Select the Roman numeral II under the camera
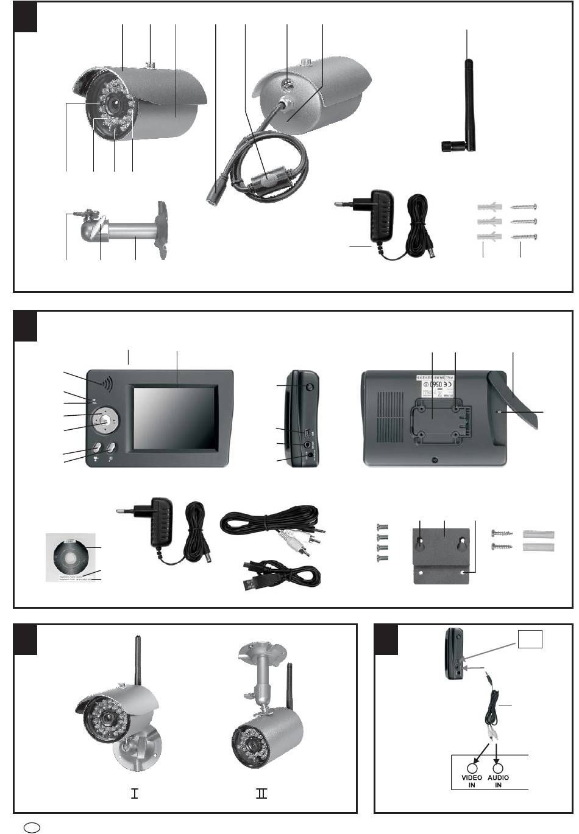click(262, 794)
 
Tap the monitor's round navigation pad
click(105, 420)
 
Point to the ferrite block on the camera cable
click(265, 180)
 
